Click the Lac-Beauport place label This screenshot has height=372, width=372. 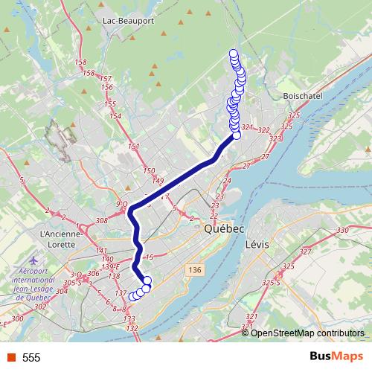tap(128, 20)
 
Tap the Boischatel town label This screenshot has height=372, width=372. tap(302, 96)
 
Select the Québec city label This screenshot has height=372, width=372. tap(223, 231)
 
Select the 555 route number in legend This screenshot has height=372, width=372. tap(31, 358)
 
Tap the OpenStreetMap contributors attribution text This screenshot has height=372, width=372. tap(307, 333)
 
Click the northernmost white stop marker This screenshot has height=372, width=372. tap(234, 53)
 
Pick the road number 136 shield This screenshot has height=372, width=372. tap(195, 269)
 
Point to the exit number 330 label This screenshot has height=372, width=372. tap(342, 231)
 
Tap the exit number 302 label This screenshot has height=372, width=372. tap(40, 307)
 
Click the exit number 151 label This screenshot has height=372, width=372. tap(134, 146)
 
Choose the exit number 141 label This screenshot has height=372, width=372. tap(101, 251)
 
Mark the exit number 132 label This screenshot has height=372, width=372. tap(132, 328)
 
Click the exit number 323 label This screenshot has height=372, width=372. tap(275, 138)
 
